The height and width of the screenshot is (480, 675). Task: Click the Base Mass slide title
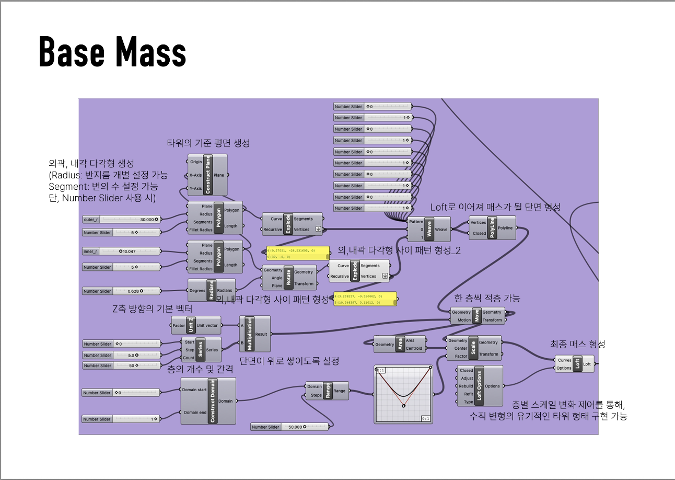(112, 52)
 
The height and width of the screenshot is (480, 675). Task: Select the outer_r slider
(121, 219)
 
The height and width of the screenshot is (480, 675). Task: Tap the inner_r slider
(121, 252)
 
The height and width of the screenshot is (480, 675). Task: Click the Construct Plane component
(207, 175)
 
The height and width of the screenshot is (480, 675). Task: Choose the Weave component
(428, 229)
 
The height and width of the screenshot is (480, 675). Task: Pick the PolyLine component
(492, 228)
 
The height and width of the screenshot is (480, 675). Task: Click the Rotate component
(288, 277)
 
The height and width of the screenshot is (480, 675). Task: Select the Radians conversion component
(211, 291)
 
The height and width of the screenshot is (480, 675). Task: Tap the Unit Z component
(191, 325)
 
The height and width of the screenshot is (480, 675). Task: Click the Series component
(201, 350)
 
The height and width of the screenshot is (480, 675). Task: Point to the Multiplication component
(254, 334)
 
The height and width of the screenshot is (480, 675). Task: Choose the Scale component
(473, 348)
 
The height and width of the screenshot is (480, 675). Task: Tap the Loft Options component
(480, 386)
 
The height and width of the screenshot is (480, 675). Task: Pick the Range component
(328, 391)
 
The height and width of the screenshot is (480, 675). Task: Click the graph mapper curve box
(403, 394)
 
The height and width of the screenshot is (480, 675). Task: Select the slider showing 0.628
(121, 291)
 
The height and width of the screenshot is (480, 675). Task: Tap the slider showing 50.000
(289, 427)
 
